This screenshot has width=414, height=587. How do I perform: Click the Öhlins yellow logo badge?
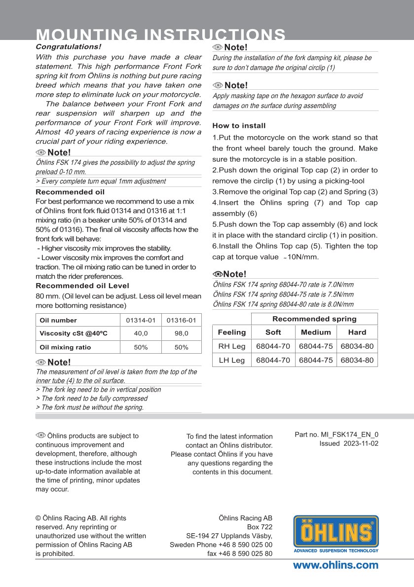coord(336,534)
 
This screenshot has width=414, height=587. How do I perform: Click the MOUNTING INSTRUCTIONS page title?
coord(161,35)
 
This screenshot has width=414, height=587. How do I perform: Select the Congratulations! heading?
coord(68,46)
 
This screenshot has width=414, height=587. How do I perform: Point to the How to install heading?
coord(239,126)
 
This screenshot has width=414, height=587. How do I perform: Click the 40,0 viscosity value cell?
coord(141,333)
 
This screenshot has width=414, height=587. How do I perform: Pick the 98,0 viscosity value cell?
coord(181,333)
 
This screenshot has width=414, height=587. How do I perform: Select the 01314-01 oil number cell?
coord(141,320)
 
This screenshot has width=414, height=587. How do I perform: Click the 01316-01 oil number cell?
coord(181,320)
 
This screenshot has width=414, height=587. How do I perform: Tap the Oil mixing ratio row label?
coord(65,347)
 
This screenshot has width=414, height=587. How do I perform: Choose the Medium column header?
coord(316,332)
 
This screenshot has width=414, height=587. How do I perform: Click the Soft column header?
coord(273,332)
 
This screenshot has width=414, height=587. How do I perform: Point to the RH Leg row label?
coord(231,346)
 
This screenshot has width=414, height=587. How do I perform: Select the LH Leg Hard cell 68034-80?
coord(357,360)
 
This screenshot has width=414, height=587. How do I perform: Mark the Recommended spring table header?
coord(314,319)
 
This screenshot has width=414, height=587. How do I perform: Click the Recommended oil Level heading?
coord(82,286)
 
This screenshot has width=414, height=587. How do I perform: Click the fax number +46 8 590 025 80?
coord(240,553)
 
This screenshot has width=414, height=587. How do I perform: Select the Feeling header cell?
coord(231,332)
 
